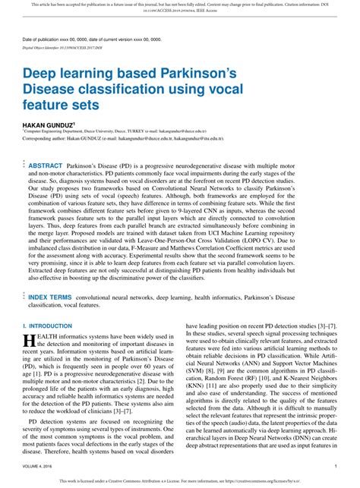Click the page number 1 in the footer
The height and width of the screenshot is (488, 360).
335,466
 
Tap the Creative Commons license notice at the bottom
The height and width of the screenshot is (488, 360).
180,480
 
